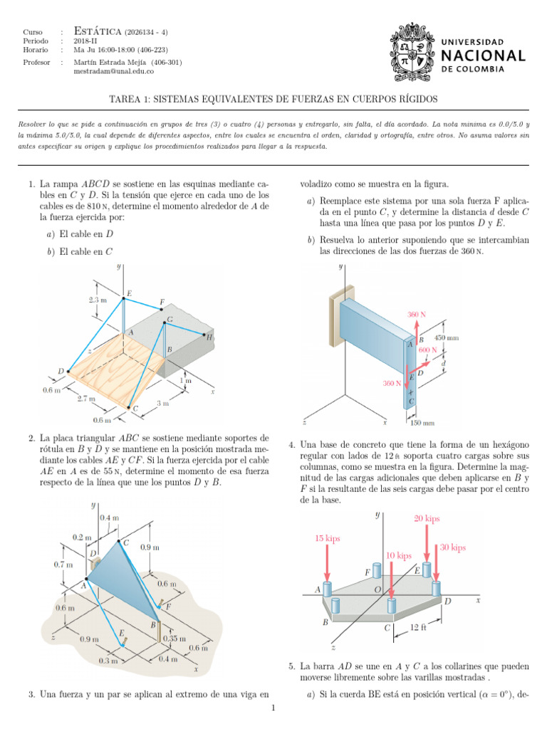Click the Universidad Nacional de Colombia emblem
[412, 54]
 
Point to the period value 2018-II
[85, 41]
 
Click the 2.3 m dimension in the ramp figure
[98, 300]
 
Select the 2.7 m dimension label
[86, 398]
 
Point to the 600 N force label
[427, 350]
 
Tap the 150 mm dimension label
[425, 423]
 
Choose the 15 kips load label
[328, 538]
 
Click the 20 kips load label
[427, 518]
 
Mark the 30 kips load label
[453, 547]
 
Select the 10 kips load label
[399, 555]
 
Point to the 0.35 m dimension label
[173, 639]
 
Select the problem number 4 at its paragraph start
[292, 445]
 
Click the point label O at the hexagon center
[377, 590]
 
